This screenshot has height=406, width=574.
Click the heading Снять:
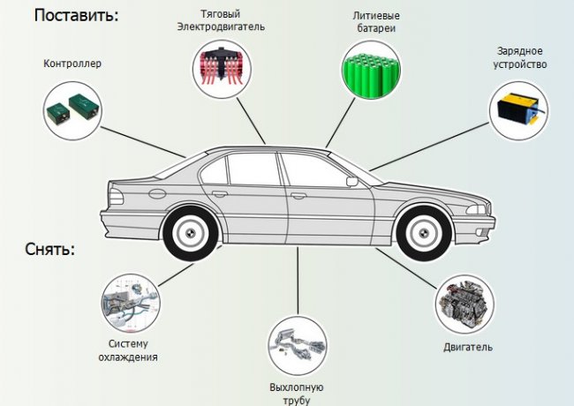click(x=50, y=249)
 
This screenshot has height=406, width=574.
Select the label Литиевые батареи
click(x=373, y=20)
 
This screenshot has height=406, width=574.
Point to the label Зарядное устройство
click(x=519, y=57)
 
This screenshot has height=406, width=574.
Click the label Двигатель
click(x=468, y=346)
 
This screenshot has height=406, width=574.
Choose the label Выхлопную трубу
click(x=297, y=393)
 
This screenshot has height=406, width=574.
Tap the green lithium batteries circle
click(x=373, y=70)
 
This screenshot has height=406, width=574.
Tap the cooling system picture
click(x=131, y=303)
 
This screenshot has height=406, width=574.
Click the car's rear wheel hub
click(x=192, y=231)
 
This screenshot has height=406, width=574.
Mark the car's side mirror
click(x=351, y=182)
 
